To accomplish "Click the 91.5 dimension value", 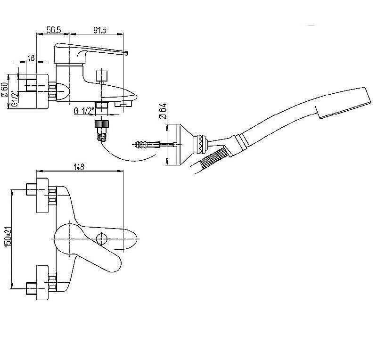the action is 99,30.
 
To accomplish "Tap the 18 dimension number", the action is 32,58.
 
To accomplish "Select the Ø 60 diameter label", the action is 4,90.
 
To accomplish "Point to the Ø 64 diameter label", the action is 163,111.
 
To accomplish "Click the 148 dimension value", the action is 79,167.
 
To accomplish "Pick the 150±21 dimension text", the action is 8,237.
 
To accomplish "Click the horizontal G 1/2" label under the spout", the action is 84,111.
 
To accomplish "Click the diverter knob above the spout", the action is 101,76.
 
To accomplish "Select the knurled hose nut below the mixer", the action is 102,124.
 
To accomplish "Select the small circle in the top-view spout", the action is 101,239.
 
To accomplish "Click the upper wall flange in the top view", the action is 42,195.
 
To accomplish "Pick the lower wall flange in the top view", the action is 42,282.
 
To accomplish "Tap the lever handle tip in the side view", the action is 126,53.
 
